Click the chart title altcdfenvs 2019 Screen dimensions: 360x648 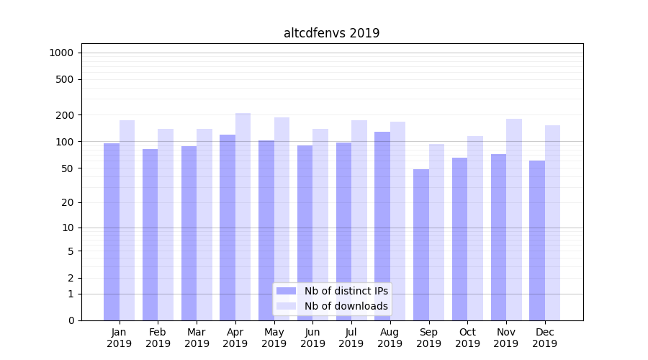[331, 33]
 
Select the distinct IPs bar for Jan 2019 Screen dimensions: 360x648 [112, 230]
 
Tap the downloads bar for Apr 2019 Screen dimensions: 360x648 [243, 216]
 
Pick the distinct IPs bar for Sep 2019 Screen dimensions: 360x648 [421, 245]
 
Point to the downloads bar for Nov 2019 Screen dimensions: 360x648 [514, 219]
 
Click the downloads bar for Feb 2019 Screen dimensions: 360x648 [166, 224]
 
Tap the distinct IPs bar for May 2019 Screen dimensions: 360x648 [266, 230]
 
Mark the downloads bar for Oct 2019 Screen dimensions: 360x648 [475, 228]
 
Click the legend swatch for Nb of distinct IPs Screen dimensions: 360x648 [287, 291]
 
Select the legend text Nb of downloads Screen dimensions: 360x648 [346, 306]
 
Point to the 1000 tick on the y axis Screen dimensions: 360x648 [60, 53]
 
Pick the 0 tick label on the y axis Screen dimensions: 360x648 [71, 320]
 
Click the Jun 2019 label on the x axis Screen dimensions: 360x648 [312, 338]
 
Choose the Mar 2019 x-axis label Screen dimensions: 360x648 [197, 338]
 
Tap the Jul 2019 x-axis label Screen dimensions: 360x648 [351, 338]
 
